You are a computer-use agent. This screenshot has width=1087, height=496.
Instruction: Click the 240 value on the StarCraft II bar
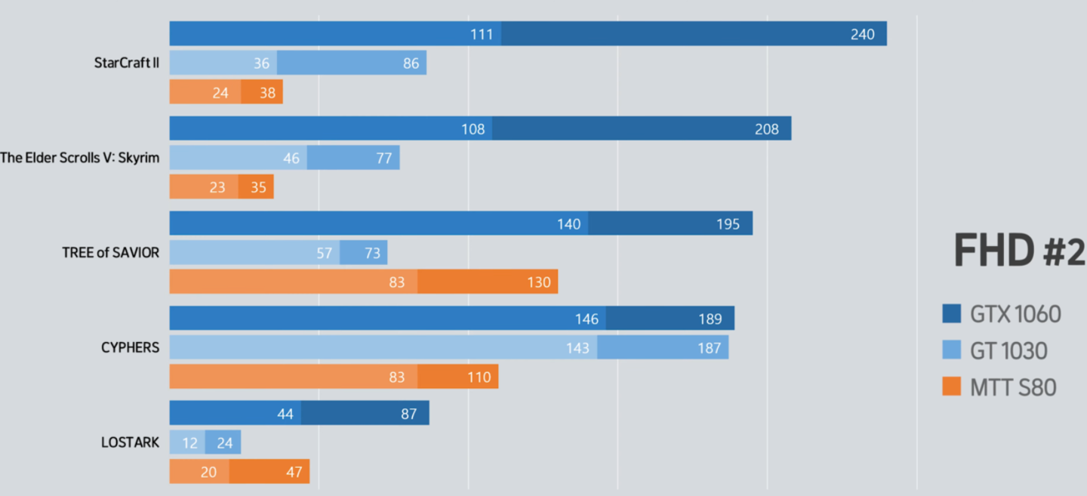pos(862,34)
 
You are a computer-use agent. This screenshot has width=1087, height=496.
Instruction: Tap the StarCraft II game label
pos(127,63)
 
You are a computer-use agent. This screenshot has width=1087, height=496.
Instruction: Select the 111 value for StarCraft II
pos(481,34)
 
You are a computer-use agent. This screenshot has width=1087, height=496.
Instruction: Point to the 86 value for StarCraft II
pos(411,63)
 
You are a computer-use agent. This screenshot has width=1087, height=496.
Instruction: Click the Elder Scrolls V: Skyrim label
pos(80,158)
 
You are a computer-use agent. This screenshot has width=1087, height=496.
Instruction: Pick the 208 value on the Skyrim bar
pos(766,129)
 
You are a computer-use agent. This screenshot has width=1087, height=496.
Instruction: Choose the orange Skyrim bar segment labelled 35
pos(256,186)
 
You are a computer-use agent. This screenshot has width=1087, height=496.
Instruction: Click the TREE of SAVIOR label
pos(111,253)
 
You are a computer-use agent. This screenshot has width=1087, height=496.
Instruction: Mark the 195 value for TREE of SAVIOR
pos(728,224)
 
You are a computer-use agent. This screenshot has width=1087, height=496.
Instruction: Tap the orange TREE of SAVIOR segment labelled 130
pos(488,282)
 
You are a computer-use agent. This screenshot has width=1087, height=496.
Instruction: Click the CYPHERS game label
pos(130,348)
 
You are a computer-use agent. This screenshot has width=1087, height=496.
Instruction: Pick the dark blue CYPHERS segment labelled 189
pos(670,319)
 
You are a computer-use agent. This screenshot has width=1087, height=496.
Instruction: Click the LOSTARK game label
pos(130,442)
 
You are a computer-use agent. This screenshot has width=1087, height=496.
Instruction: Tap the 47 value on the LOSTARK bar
pos(294,472)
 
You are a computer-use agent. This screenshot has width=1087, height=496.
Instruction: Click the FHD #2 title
pos(1019,251)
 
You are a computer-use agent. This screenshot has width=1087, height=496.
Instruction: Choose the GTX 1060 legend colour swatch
pos(952,313)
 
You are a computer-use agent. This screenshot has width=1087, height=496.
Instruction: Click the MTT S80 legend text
pos(1013,388)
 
